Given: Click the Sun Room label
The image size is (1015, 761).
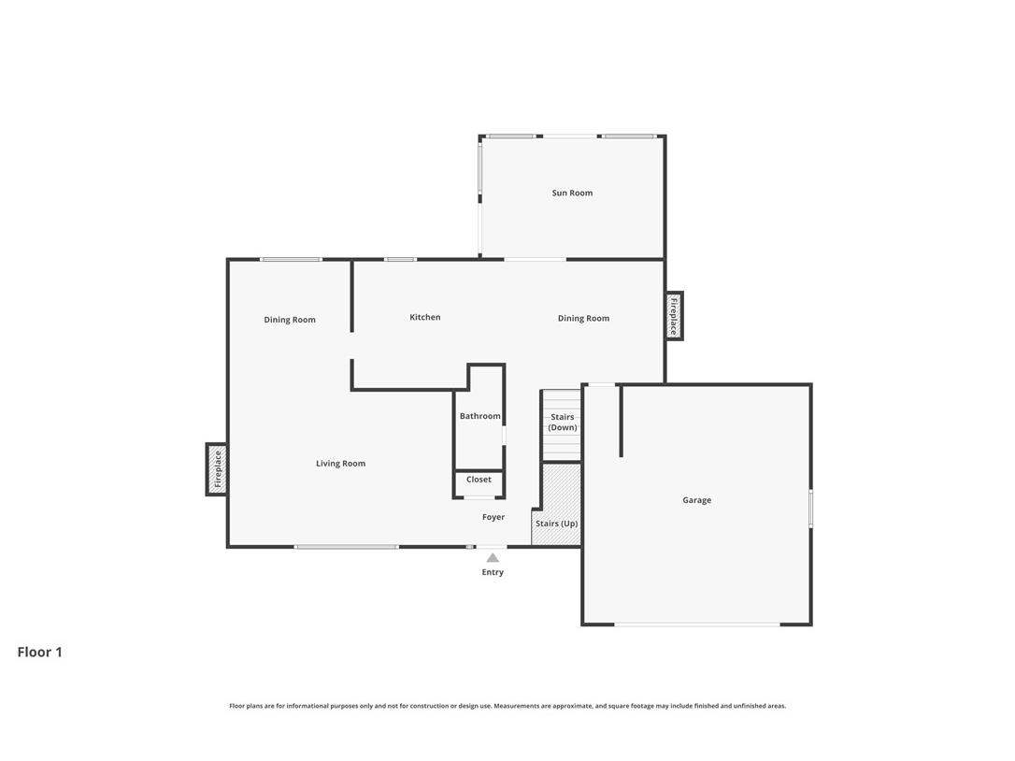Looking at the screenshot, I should pos(572,194).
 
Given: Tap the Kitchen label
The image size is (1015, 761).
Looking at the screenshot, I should pos(424,318).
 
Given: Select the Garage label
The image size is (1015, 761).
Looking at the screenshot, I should pos(696,501).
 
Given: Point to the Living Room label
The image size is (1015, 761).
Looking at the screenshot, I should pos(340,464).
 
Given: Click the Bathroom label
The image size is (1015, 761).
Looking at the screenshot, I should pos(479,416).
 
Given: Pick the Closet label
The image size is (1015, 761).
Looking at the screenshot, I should pos(479,480).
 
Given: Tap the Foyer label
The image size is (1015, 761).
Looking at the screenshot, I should pos(493,517).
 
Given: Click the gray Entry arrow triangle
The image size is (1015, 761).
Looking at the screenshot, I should pos(493,558).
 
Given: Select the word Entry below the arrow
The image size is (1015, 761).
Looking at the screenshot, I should pos(493,572).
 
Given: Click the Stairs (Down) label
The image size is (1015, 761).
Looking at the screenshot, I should pos(562,423).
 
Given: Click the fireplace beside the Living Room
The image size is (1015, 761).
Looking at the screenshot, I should pos(217,469).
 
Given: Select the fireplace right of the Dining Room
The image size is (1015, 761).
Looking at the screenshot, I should pos(674,316).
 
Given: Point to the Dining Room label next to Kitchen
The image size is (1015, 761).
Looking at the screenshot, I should pos(583,319).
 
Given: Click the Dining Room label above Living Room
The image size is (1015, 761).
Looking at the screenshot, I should pos(290,320).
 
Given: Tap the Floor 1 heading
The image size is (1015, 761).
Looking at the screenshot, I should pos(39,653).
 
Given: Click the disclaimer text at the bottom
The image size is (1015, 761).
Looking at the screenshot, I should pos(507,706).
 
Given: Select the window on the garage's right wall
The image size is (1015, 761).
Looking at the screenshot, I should pos(810,508).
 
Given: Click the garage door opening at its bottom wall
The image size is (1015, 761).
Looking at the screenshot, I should pos(696,624).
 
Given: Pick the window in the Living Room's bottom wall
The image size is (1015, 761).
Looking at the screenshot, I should pos(346,547).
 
